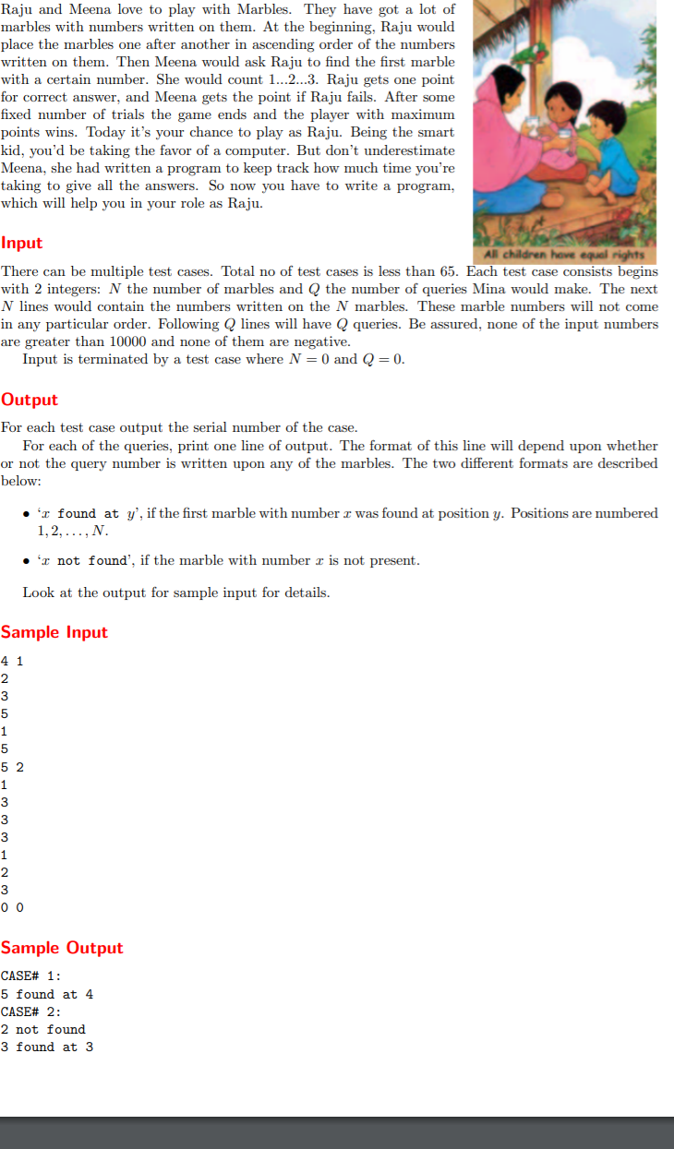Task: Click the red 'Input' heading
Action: (x=22, y=243)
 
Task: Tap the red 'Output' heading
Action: (x=30, y=400)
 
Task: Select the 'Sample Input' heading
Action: (x=54, y=632)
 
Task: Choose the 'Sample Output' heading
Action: (x=62, y=948)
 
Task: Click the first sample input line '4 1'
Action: (x=13, y=661)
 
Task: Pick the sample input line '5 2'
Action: (x=13, y=766)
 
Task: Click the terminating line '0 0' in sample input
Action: (x=13, y=907)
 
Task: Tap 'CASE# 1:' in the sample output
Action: (x=31, y=976)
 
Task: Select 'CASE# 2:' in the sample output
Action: (x=31, y=1011)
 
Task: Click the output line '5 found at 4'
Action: (x=47, y=994)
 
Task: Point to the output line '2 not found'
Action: (x=43, y=1029)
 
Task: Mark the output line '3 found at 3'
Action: (x=47, y=1047)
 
